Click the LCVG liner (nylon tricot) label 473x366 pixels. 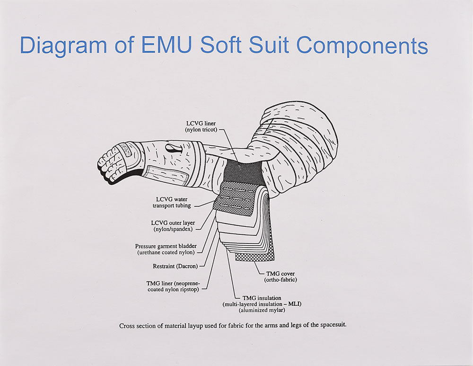pos(201,127)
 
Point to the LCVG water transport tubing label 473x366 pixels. pos(172,202)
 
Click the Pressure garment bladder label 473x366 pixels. pos(165,249)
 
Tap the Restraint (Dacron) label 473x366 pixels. pos(175,266)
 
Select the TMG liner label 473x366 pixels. pos(172,286)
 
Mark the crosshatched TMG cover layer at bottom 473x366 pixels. pos(255,256)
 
